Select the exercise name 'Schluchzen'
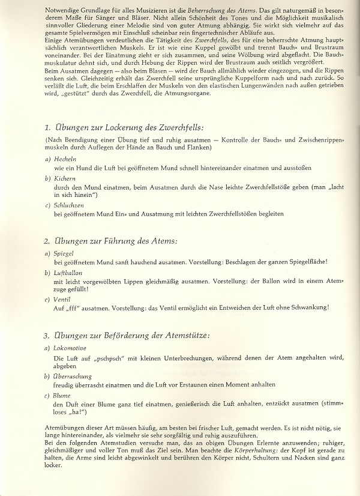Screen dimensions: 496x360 pyautogui.click(x=68, y=207)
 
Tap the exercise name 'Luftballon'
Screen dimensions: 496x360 pyautogui.click(x=67, y=273)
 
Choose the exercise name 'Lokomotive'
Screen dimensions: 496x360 pyautogui.click(x=70, y=348)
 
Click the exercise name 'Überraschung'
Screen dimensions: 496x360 pyautogui.click(x=72, y=375)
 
